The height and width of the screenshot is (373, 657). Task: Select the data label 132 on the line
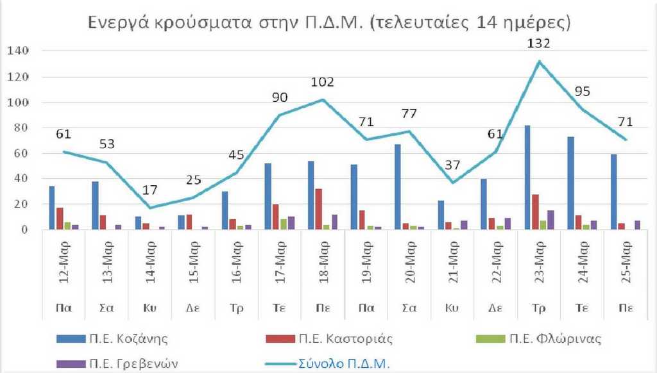(539, 44)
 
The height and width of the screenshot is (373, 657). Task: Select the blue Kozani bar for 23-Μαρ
(528, 177)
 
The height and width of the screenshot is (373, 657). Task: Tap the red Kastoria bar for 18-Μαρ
(319, 209)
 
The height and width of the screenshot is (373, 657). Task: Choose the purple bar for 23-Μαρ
(551, 220)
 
